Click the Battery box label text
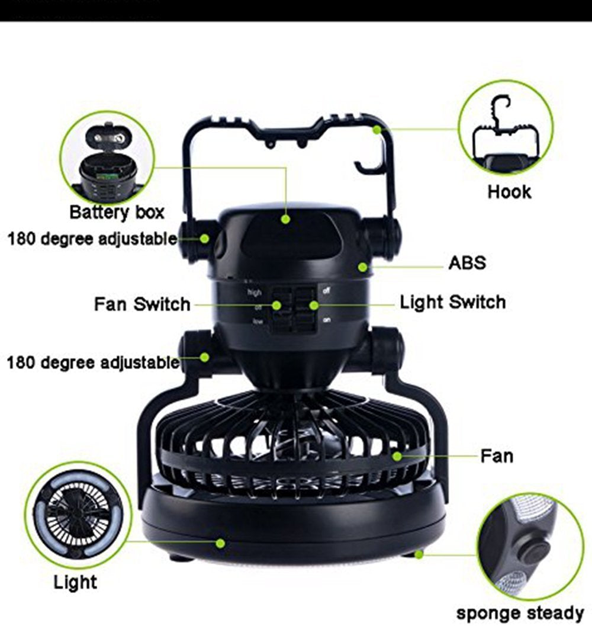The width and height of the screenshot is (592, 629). (117, 212)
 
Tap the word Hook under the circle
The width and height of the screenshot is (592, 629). (509, 192)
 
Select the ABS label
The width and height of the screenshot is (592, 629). (467, 263)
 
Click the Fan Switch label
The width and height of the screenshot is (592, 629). (142, 304)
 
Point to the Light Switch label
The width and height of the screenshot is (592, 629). (453, 302)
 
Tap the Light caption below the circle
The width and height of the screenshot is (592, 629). (75, 582)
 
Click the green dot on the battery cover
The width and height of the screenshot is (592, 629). (285, 219)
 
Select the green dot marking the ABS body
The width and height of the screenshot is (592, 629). (362, 267)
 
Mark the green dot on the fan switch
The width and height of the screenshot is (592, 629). (276, 305)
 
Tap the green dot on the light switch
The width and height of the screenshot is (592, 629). (314, 305)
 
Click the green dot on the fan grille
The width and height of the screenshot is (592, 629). (397, 456)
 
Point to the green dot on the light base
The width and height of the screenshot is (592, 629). (220, 543)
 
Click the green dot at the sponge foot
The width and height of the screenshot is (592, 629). (419, 554)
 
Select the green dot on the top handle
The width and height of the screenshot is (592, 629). (377, 130)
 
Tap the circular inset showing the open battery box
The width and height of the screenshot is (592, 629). (107, 158)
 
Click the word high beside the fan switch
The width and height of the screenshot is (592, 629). (255, 293)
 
